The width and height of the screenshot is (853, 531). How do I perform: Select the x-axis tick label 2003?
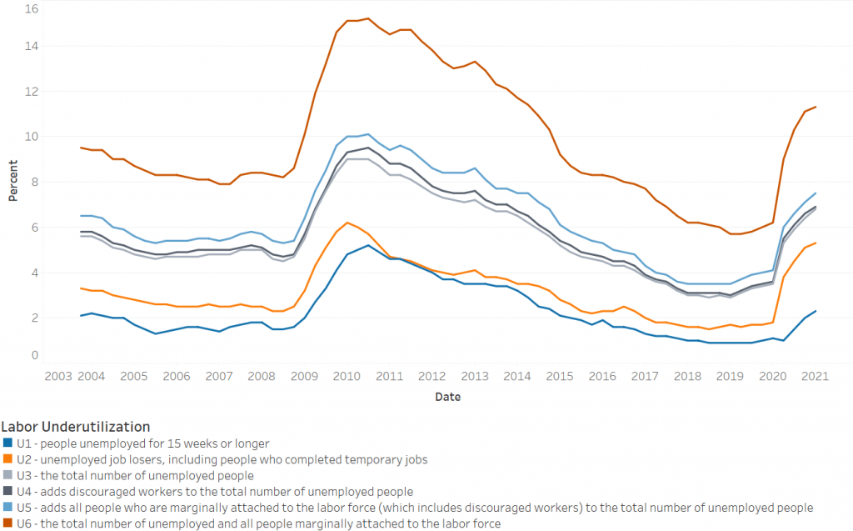coord(57,376)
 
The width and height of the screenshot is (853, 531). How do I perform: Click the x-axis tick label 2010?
coord(346,376)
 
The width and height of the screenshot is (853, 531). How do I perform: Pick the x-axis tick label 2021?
coord(814,376)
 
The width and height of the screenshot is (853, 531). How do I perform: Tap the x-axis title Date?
coord(447,397)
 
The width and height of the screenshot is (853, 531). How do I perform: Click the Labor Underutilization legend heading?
coord(76,427)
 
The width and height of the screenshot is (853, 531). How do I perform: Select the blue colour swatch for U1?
coord(8,444)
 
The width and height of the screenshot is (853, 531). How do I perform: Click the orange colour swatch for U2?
coord(8,460)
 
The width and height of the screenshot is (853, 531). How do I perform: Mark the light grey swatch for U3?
coord(8,476)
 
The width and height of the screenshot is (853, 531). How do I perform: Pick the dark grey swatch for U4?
coord(8,492)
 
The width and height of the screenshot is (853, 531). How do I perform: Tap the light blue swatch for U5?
coord(8,508)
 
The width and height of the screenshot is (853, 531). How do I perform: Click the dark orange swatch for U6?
coord(8,523)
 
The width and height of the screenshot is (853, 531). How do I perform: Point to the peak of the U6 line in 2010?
coord(368,18)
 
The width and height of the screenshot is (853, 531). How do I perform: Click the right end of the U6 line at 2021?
coord(815,107)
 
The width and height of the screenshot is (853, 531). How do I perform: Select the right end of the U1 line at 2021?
coord(815,311)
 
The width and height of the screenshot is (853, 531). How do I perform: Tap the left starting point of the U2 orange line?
coord(81,288)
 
